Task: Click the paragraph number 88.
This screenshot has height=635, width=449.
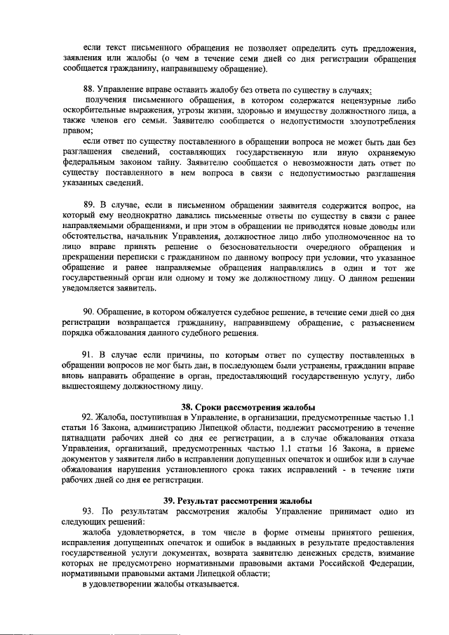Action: click(x=88, y=91)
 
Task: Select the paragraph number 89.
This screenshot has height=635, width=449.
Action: click(x=89, y=206)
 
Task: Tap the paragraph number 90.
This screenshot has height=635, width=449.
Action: click(x=89, y=311)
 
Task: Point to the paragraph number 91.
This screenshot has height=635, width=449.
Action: click(x=89, y=354)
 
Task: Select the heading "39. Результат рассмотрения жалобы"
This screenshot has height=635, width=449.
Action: click(x=238, y=500)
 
